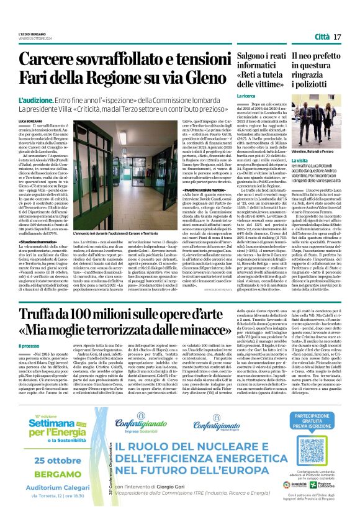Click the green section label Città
322,37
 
